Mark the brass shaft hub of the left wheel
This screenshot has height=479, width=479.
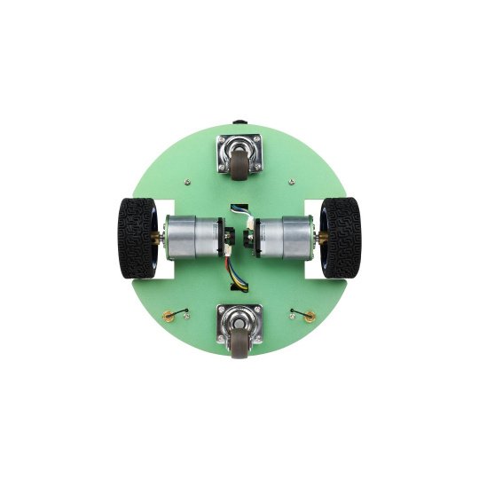[x=158, y=239]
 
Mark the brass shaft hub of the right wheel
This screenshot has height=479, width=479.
[x=319, y=239]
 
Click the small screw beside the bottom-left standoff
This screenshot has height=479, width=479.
[x=186, y=310]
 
